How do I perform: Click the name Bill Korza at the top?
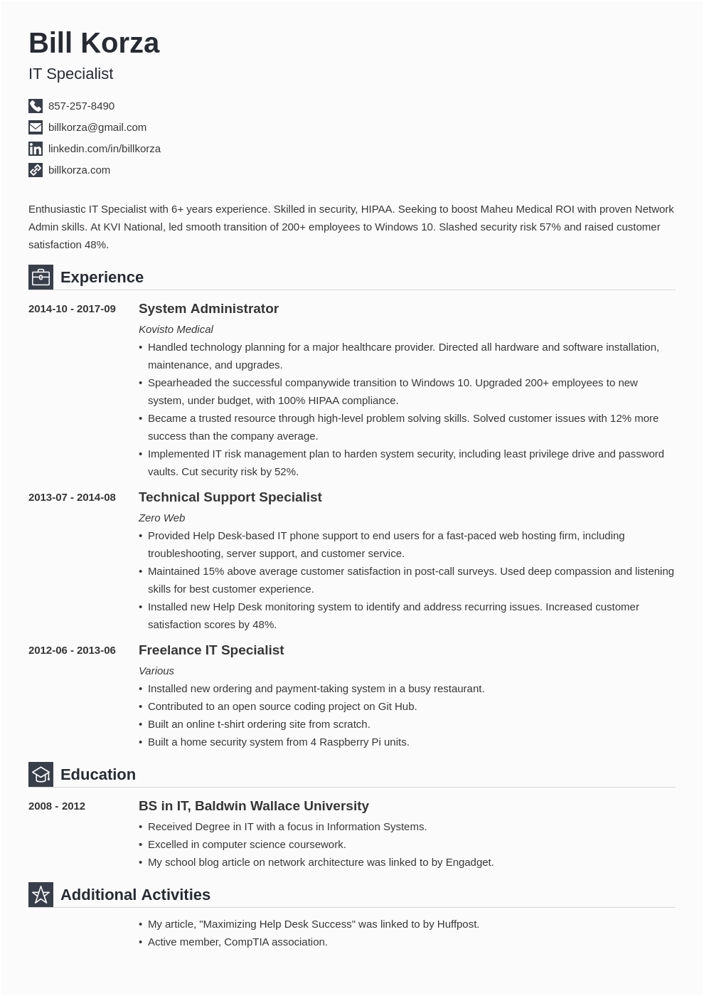(94, 43)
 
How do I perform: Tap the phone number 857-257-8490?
(81, 106)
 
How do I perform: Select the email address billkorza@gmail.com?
(97, 127)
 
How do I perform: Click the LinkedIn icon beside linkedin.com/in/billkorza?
(36, 149)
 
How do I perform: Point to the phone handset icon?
(36, 106)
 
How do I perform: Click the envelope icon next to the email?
(36, 127)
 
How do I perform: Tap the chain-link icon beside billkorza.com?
(36, 170)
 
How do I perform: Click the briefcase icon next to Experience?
(41, 277)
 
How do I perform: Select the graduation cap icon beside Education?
(41, 775)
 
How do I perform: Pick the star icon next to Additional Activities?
(41, 895)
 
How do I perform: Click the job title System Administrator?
(208, 309)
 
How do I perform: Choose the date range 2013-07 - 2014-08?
(72, 497)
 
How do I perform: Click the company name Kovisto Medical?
(176, 329)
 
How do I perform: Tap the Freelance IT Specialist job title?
(211, 650)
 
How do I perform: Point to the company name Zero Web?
(161, 518)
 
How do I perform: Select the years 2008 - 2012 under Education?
(57, 806)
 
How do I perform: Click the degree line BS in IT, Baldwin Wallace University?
(253, 806)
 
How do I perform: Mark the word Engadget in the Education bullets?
(469, 862)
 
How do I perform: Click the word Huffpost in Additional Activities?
(456, 924)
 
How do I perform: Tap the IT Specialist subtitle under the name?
(70, 74)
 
